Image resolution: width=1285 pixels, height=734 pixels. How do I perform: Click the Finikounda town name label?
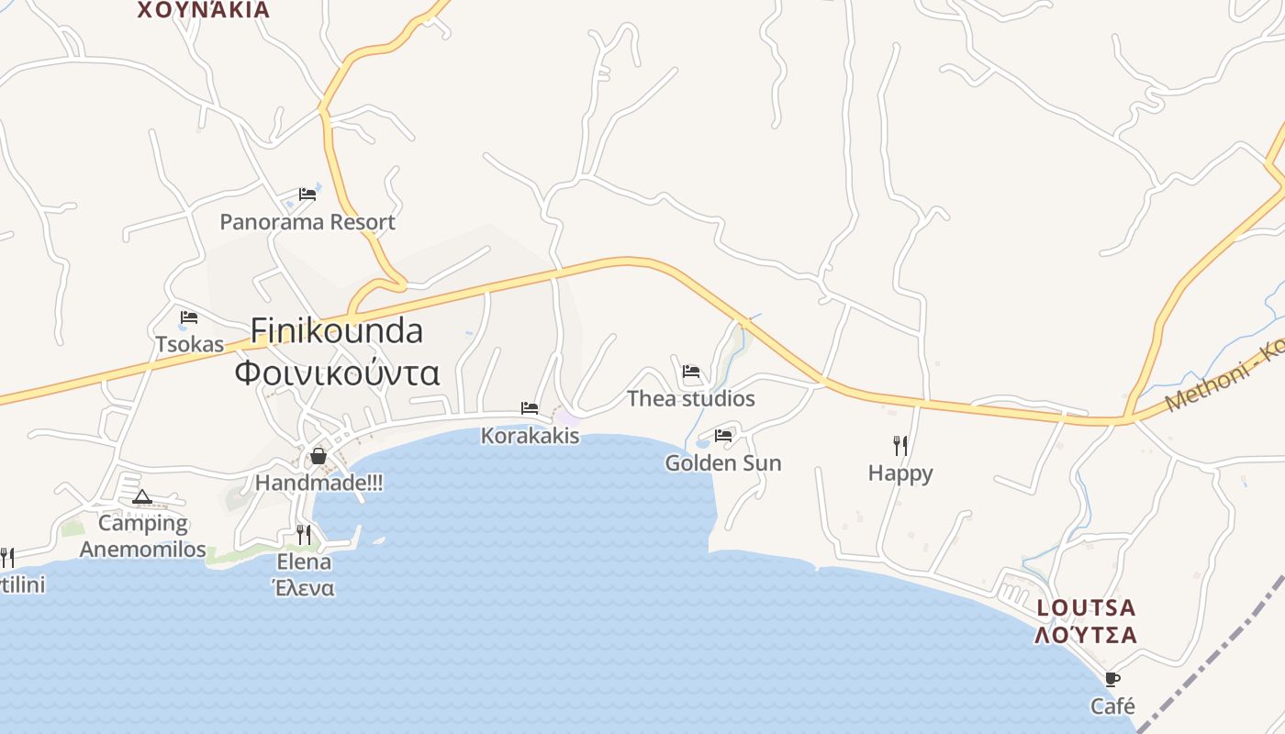(x=337, y=330)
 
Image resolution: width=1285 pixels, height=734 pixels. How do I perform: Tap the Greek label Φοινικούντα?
(x=337, y=373)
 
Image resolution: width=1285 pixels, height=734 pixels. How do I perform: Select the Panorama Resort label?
(x=307, y=222)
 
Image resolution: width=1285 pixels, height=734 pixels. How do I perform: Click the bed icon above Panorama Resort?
(x=307, y=195)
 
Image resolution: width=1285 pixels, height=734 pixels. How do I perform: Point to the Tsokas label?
(x=190, y=345)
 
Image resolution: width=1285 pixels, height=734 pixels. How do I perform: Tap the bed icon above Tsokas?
(x=189, y=317)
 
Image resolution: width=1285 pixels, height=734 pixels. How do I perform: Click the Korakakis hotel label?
(x=531, y=436)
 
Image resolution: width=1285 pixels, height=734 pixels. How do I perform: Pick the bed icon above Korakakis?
(x=530, y=408)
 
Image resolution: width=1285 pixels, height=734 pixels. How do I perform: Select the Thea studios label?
(x=691, y=398)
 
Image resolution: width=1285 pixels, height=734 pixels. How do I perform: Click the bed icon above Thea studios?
(x=691, y=372)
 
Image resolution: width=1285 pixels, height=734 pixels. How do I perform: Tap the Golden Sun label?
(x=723, y=463)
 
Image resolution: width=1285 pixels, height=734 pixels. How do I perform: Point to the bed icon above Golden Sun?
(x=723, y=436)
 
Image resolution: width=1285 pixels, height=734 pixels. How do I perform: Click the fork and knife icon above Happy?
(x=900, y=446)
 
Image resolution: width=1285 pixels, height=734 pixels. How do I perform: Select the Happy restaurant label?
(x=900, y=473)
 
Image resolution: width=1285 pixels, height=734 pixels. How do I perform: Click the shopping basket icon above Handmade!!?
(x=318, y=456)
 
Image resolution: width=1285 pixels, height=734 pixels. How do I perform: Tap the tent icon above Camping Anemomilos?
(x=141, y=497)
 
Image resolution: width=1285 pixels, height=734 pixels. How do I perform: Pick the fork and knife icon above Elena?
(x=304, y=535)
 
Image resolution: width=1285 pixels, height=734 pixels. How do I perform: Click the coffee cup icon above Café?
(x=1112, y=680)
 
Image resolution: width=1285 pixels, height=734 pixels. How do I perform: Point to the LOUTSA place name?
(x=1087, y=607)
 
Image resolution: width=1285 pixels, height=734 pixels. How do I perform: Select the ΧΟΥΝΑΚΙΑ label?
(x=204, y=10)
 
